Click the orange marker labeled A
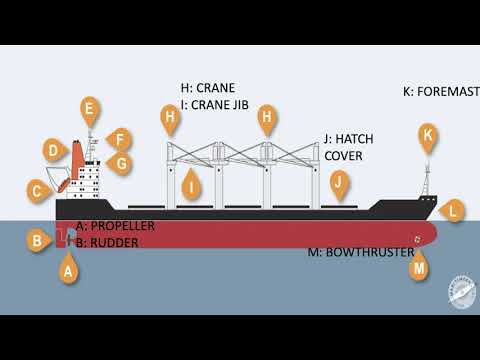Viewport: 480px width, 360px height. pyautogui.click(x=68, y=269)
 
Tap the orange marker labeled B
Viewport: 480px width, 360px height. pyautogui.click(x=37, y=240)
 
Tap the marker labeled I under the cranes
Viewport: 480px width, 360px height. pyautogui.click(x=190, y=184)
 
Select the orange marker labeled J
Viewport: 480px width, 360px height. pyautogui.click(x=339, y=182)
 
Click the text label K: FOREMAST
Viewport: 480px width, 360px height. pyautogui.click(x=441, y=92)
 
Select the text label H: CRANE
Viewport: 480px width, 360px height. pyautogui.click(x=206, y=88)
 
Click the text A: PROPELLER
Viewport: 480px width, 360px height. pyautogui.click(x=115, y=226)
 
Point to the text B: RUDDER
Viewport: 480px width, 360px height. pyautogui.click(x=107, y=242)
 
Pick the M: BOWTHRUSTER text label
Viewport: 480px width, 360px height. pyautogui.click(x=360, y=252)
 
